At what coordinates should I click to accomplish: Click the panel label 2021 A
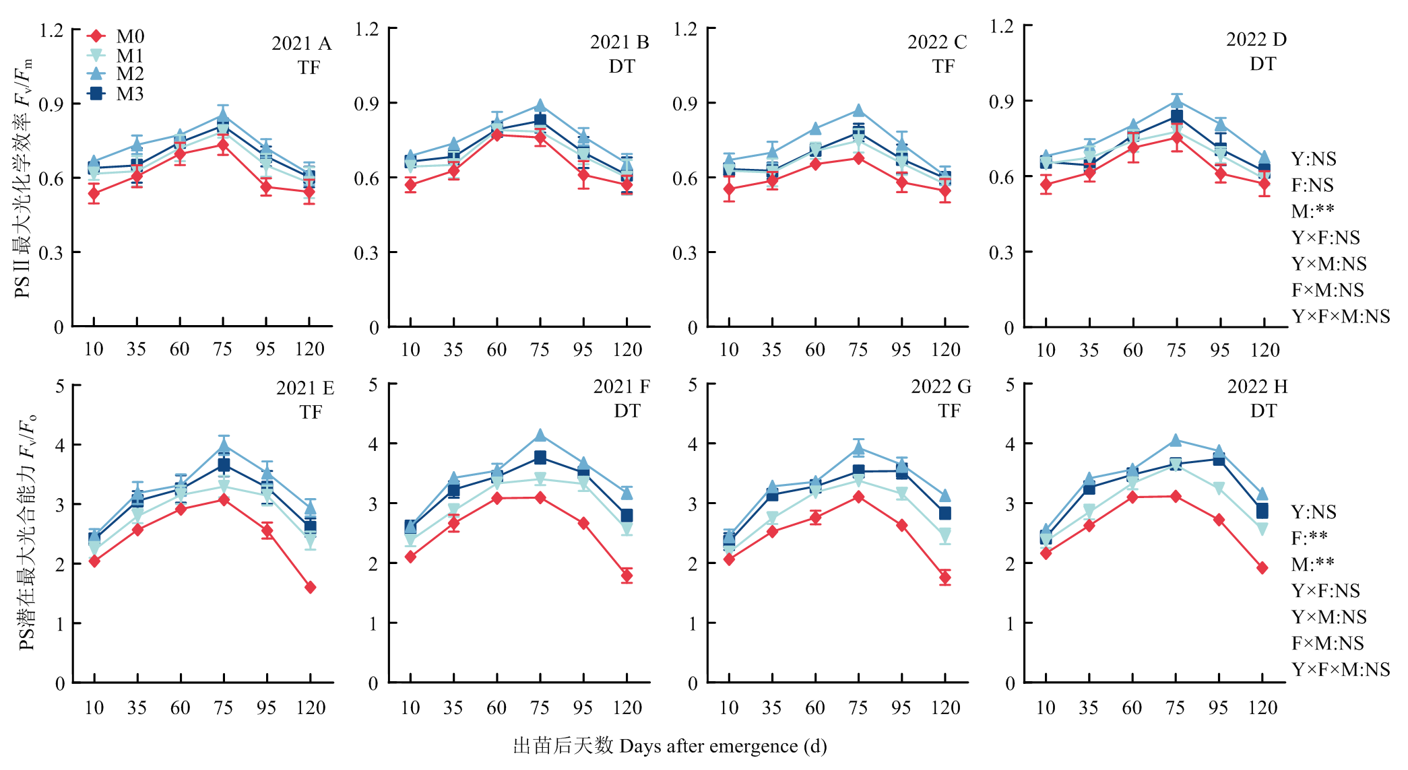coord(301,44)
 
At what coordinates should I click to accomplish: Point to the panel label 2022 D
coord(1256,40)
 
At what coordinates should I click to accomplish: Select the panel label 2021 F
coord(621,386)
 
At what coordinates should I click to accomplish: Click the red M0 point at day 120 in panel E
coord(310,588)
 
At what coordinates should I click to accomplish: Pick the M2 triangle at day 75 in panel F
coord(540,435)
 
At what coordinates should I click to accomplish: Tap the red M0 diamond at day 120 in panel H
coord(1262,568)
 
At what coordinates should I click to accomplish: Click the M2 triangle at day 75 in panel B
coord(540,106)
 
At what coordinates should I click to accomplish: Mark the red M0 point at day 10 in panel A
coord(94,193)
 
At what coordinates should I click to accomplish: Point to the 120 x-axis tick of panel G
coord(945,707)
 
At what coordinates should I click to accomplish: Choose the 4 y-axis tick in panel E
coord(60,445)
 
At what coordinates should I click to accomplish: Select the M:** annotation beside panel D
coord(1312,211)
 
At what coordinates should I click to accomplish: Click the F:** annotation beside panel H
coord(1309,538)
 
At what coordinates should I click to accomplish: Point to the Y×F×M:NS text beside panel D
coord(1340,316)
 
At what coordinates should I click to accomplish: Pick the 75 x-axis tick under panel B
coord(540,349)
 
